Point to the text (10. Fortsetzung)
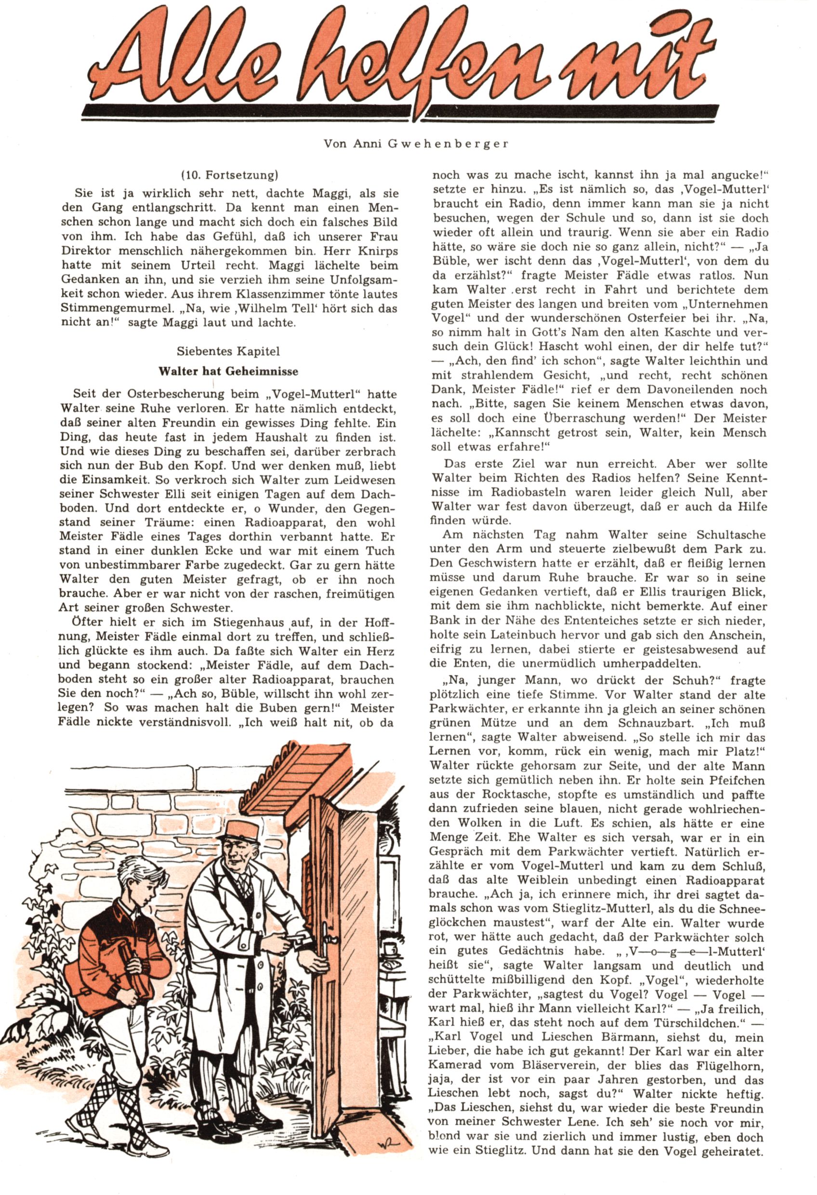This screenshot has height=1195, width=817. click(229, 175)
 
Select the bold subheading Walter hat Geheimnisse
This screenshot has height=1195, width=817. click(228, 371)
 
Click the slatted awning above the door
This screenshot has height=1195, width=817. click(303, 771)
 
